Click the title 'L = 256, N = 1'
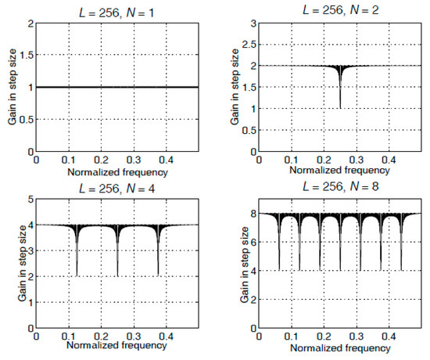point(117,9)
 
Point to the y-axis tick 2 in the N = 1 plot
point(30,23)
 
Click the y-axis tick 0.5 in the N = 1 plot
point(26,119)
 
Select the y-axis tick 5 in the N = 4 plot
point(30,200)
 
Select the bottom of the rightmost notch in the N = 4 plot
point(159,275)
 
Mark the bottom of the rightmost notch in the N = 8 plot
point(401,270)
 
